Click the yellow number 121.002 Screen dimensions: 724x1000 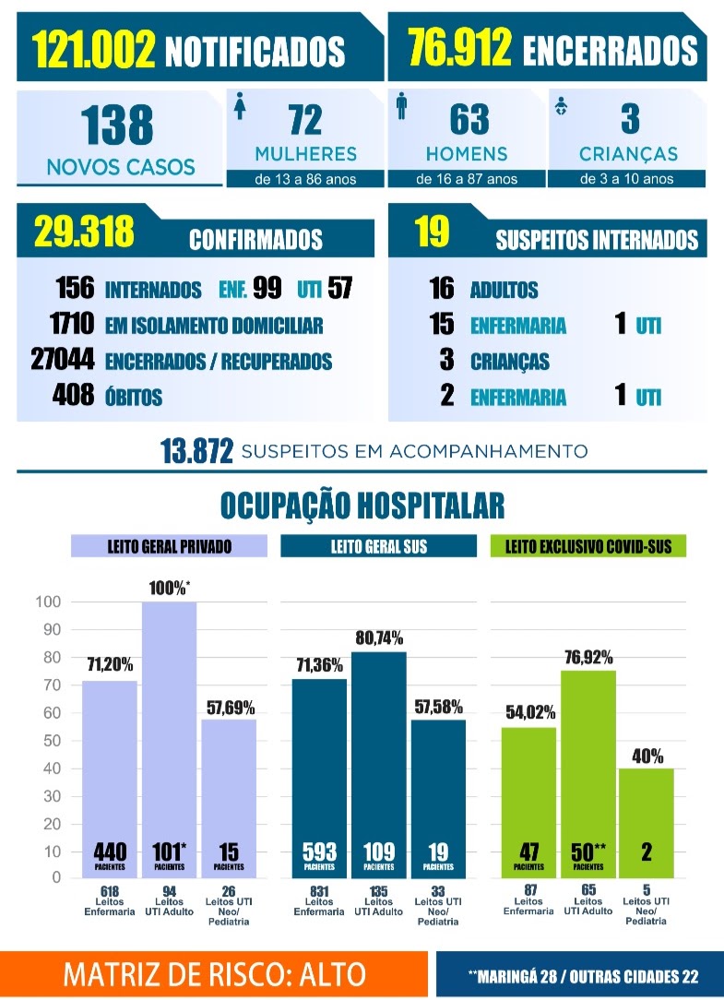click(x=93, y=50)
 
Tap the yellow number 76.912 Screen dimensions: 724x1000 click(x=460, y=47)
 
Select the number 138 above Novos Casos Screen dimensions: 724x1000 click(x=117, y=125)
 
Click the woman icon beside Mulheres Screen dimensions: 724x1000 click(x=240, y=106)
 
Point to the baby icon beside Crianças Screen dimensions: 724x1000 click(x=562, y=106)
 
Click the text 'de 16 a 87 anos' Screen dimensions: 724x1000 click(x=467, y=179)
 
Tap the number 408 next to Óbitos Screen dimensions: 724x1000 click(x=74, y=395)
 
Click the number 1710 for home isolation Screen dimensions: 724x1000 click(x=72, y=324)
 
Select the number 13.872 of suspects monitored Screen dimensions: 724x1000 click(x=196, y=451)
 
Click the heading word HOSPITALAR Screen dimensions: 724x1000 click(x=431, y=506)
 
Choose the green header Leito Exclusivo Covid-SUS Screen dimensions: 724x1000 click(x=588, y=546)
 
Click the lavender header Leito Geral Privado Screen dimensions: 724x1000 click(x=169, y=546)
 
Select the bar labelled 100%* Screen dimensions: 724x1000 click(x=169, y=740)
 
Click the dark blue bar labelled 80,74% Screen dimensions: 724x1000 click(x=379, y=765)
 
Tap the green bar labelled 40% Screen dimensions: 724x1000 click(x=647, y=824)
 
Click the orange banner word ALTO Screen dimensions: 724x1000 click(x=332, y=974)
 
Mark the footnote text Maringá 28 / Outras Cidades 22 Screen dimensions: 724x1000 click(x=583, y=976)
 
